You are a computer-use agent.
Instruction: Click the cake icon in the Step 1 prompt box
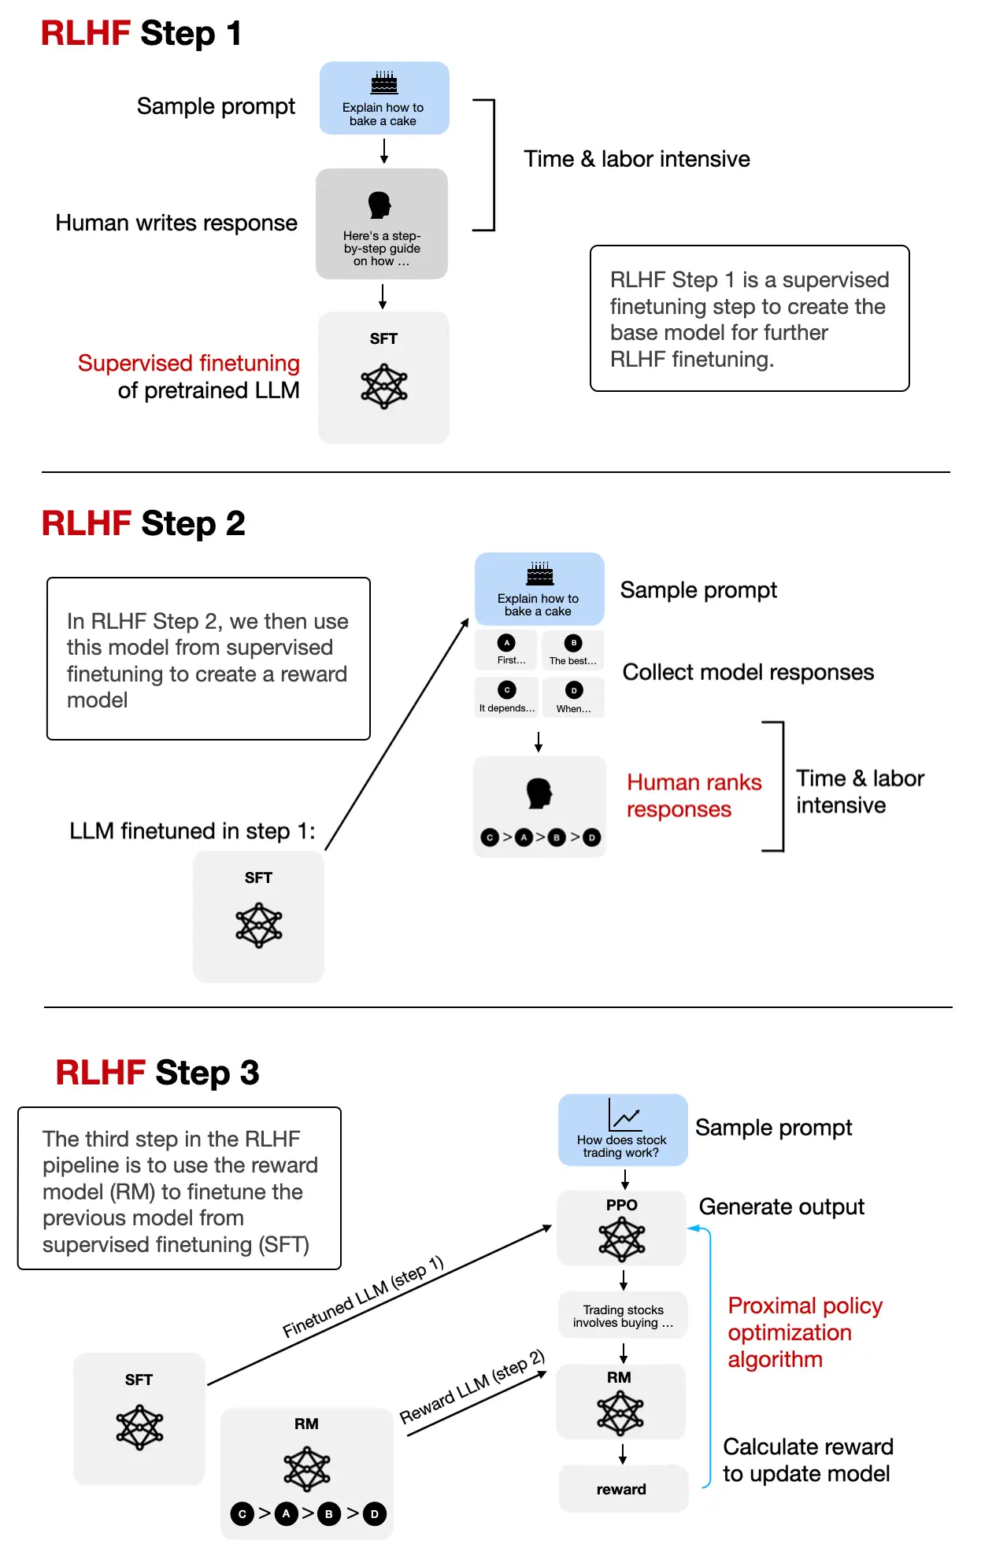coord(384,82)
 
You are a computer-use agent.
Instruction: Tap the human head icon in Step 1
coord(379,205)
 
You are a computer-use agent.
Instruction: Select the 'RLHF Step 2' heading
coord(143,523)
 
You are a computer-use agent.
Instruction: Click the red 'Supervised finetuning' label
coord(189,363)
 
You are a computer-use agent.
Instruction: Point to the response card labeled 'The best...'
coord(573,650)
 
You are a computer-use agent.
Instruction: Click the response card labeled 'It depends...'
coord(507,697)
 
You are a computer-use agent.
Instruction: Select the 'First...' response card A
coord(507,650)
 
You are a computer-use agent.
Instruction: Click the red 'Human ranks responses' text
coord(694,796)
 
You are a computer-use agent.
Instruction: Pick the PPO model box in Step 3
coord(621,1228)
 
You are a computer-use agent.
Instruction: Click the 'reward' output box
coord(621,1489)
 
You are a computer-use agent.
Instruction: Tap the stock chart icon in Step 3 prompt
coord(625,1115)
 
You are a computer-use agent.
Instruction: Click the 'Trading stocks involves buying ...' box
coord(623,1316)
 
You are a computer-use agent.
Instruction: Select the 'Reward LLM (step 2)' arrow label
coord(472,1387)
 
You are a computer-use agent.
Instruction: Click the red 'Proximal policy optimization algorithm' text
coord(804,1332)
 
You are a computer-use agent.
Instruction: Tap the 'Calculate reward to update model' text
coord(807,1460)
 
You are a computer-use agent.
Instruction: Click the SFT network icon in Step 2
coord(258,925)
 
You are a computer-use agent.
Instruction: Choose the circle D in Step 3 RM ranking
coord(375,1513)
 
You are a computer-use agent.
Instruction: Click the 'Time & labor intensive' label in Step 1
coord(636,159)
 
